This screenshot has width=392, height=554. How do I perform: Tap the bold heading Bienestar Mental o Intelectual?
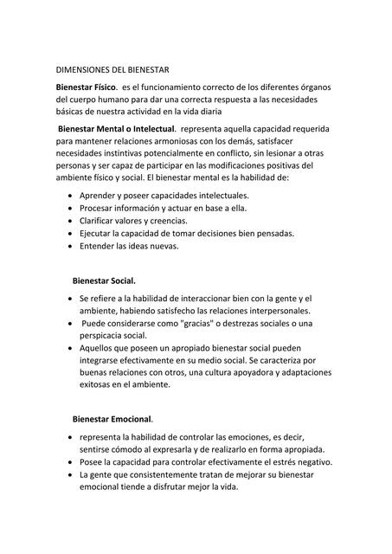pos(116,129)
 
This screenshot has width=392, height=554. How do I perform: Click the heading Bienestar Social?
pos(104,280)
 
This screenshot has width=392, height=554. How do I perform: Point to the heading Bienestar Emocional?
pos(112,419)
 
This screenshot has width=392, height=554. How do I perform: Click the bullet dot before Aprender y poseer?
pos(69,196)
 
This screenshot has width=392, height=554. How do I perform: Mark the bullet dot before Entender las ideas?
pos(69,246)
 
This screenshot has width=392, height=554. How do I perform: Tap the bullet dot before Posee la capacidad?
pos(69,462)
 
